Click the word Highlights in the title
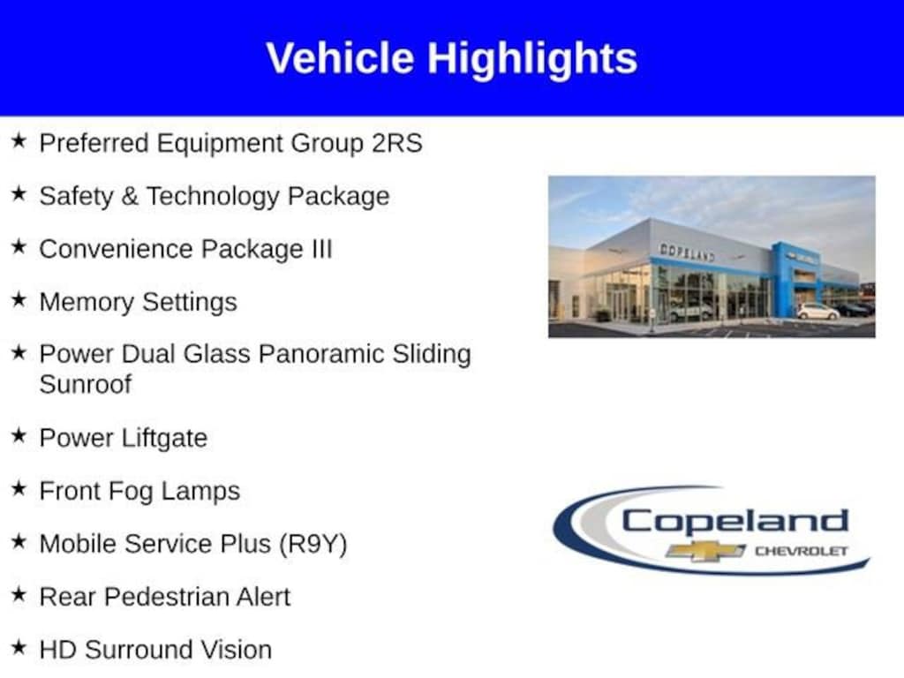tap(532, 59)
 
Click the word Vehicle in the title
tap(340, 57)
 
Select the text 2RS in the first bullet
tap(396, 143)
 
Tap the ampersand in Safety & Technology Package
tap(130, 196)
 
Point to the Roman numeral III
tap(321, 249)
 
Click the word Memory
tap(87, 303)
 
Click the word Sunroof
tap(86, 385)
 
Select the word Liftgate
tap(165, 439)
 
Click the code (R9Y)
tap(313, 544)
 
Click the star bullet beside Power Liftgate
tap(19, 435)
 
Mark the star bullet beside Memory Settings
tap(19, 299)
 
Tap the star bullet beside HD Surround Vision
tap(19, 647)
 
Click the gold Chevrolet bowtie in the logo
tap(705, 551)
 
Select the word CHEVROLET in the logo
tap(802, 551)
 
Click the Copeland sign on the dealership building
tap(687, 252)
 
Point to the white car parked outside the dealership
tap(817, 312)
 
